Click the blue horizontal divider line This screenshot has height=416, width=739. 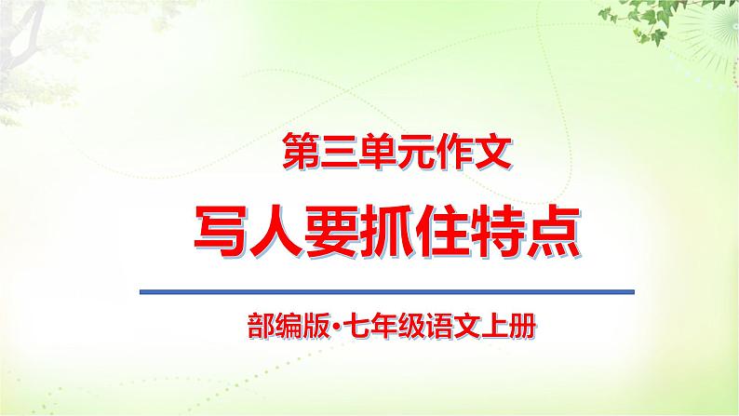coord(386,292)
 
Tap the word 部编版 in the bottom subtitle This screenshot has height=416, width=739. coord(277,327)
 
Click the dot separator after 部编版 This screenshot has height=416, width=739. coord(321,328)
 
